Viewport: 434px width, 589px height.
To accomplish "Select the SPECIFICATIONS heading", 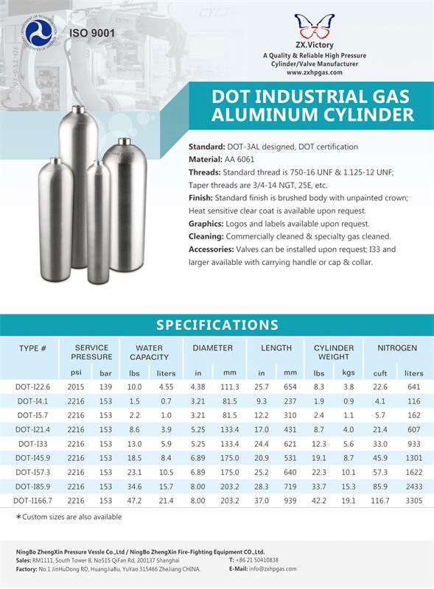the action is [x=217, y=325].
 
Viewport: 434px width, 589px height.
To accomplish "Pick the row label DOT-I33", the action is [x=35, y=444].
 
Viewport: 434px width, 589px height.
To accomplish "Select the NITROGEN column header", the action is [x=397, y=348].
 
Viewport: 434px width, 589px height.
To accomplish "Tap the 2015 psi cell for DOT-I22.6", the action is [x=76, y=387].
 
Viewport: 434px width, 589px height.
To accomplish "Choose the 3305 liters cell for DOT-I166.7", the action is [x=413, y=501].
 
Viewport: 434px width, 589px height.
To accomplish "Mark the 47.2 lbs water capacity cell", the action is [x=135, y=501].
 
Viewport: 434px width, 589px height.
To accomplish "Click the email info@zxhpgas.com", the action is [x=273, y=569].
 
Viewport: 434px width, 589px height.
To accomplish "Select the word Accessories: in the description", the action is [x=214, y=249].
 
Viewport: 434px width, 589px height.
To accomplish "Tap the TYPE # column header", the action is [x=33, y=348].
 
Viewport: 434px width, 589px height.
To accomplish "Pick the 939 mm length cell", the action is [x=290, y=501].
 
